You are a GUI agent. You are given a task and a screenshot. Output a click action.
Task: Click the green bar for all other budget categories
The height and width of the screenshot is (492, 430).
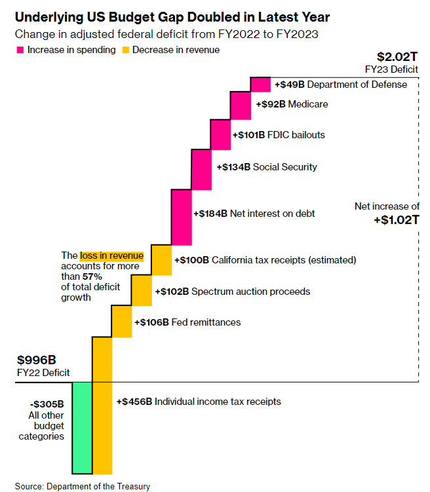pyautogui.click(x=82, y=427)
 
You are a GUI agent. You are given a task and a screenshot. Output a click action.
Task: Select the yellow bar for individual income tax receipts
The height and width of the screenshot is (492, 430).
pyautogui.click(x=102, y=404)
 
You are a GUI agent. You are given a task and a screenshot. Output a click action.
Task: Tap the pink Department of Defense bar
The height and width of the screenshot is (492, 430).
pyautogui.click(x=260, y=85)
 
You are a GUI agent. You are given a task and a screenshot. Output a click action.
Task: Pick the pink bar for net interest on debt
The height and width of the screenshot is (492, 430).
pyautogui.click(x=181, y=214)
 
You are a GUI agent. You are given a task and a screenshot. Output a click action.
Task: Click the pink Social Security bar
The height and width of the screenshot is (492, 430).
pyautogui.click(x=201, y=167)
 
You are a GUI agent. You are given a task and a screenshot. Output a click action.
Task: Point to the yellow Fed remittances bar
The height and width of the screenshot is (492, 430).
pyautogui.click(x=122, y=322)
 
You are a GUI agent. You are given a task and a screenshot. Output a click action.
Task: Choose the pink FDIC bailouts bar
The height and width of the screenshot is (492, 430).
pyautogui.click(x=220, y=135)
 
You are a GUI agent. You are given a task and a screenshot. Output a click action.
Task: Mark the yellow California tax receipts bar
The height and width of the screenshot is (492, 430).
pyautogui.click(x=161, y=260)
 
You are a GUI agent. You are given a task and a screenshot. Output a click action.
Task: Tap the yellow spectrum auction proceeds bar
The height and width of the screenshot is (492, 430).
pyautogui.click(x=142, y=291)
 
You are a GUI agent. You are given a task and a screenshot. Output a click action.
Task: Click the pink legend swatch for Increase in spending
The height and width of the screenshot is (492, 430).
pyautogui.click(x=20, y=50)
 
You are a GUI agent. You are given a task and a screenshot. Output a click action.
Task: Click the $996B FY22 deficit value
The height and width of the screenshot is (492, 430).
pyautogui.click(x=34, y=360)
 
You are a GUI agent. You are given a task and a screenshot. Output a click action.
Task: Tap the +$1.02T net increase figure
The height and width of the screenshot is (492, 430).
pyautogui.click(x=397, y=219)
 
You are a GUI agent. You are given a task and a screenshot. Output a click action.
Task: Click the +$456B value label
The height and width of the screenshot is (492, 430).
pyautogui.click(x=134, y=402)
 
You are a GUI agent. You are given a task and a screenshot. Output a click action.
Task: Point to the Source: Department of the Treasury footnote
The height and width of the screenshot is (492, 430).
pyautogui.click(x=83, y=486)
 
